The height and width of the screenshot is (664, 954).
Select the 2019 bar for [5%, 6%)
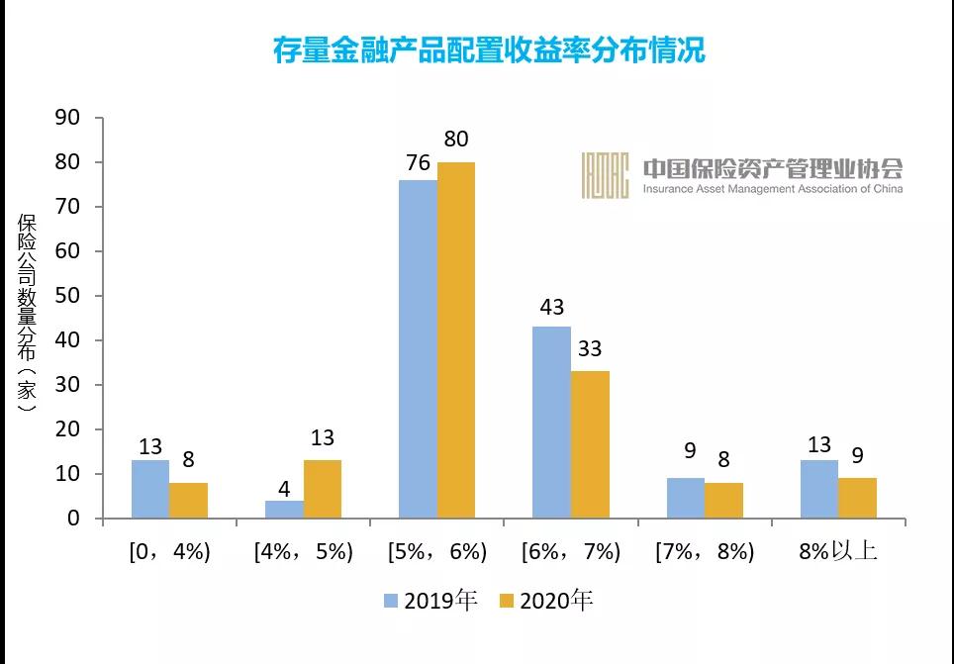[x=418, y=349]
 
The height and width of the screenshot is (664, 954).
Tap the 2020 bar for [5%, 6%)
[x=456, y=340]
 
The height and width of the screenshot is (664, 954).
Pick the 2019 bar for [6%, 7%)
[x=552, y=423]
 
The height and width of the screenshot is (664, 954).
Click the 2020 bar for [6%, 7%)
[x=591, y=444]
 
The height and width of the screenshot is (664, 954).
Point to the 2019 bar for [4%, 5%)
[x=284, y=509]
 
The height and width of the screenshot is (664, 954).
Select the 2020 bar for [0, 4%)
[x=188, y=501]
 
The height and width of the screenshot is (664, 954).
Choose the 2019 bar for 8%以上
[x=820, y=489]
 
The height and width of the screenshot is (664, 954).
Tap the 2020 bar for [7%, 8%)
[x=724, y=501]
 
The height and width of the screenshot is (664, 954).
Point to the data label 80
[x=455, y=139]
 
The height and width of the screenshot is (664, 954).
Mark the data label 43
[x=551, y=307]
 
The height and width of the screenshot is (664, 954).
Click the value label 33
[x=590, y=350]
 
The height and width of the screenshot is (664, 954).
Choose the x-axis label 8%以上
[x=839, y=551]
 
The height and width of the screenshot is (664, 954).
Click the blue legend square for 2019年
[x=390, y=601]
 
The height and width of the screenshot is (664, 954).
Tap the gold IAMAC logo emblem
[x=606, y=175]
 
